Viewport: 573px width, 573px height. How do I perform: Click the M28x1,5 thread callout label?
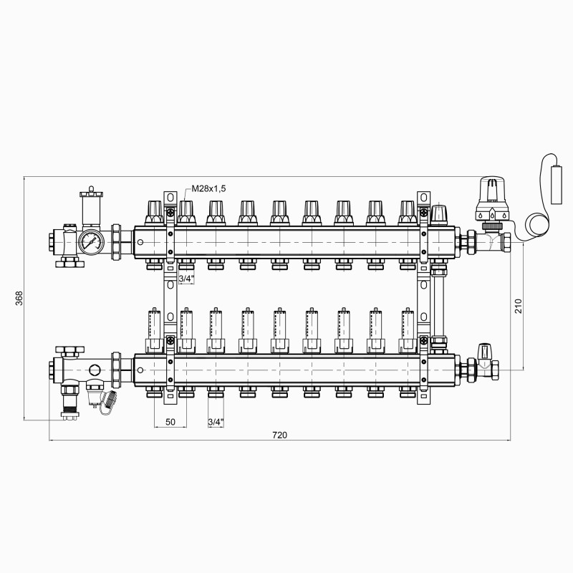pos(208,188)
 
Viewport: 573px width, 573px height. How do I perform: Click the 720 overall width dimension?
pos(279,435)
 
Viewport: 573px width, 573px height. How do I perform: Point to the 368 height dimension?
pos(19,298)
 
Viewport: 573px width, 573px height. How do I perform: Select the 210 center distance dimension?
pos(518,306)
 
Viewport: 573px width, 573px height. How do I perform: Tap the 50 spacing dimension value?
pos(170,422)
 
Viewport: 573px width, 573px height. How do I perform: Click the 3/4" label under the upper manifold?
pos(186,279)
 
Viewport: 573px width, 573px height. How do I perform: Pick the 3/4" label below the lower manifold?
pos(216,422)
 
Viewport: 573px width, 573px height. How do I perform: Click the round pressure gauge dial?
pos(91,241)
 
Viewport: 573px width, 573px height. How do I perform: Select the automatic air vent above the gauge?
pos(91,206)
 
